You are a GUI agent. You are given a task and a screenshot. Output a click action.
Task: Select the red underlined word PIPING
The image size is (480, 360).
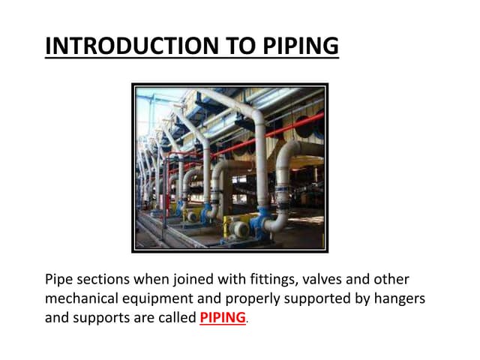[x=223, y=317]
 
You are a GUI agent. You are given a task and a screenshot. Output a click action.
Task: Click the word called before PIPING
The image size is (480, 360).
[x=176, y=317]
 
